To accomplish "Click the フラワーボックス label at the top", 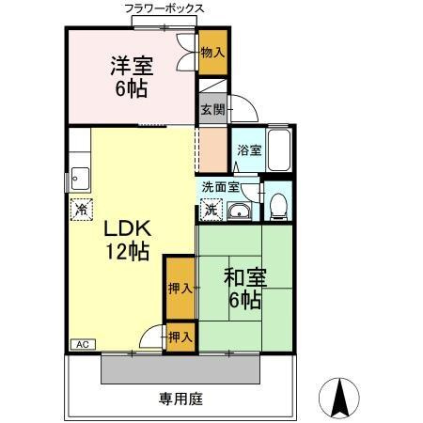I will coord(165,8).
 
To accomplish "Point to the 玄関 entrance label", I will coord(210,108).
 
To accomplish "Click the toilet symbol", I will coord(277,205).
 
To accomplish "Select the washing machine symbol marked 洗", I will coord(212,209).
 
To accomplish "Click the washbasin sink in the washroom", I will coord(240,210).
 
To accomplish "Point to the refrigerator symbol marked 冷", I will coord(80,208).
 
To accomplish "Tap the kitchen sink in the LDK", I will coord(78,176).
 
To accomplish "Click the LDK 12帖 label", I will coord(123,241).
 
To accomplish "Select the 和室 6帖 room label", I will coord(244,289).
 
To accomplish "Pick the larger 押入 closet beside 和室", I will coord(179,288).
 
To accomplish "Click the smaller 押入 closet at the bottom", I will coord(180,337).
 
